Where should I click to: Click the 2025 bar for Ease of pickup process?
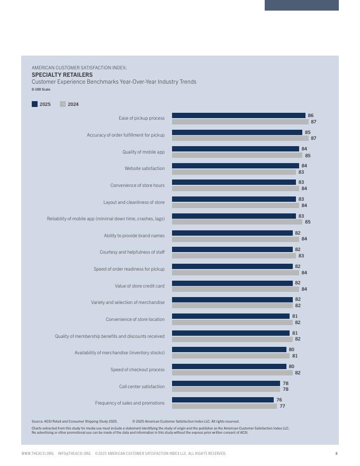click(x=239, y=115)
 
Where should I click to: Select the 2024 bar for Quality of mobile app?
click(x=237, y=156)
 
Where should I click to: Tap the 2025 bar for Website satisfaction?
click(x=236, y=166)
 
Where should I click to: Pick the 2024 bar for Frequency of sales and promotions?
click(x=224, y=406)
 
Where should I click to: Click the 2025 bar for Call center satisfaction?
click(x=226, y=383)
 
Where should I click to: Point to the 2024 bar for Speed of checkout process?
click(x=232, y=373)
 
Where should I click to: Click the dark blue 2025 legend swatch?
click(x=35, y=104)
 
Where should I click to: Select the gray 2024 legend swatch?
click(x=63, y=104)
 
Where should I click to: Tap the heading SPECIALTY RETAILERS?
click(x=62, y=75)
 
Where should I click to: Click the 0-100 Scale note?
click(x=41, y=89)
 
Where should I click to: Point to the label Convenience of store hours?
click(x=137, y=185)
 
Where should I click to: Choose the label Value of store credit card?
click(x=140, y=286)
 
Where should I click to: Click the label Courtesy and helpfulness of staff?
click(x=132, y=252)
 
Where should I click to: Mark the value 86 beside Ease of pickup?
click(x=311, y=115)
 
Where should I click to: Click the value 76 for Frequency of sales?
click(x=279, y=400)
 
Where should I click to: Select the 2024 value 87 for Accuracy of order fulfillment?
click(x=313, y=138)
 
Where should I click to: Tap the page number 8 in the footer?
click(x=336, y=453)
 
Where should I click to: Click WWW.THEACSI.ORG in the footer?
click(x=38, y=453)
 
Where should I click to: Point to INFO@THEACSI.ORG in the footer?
click(x=74, y=453)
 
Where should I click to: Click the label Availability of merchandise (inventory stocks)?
click(x=120, y=353)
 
